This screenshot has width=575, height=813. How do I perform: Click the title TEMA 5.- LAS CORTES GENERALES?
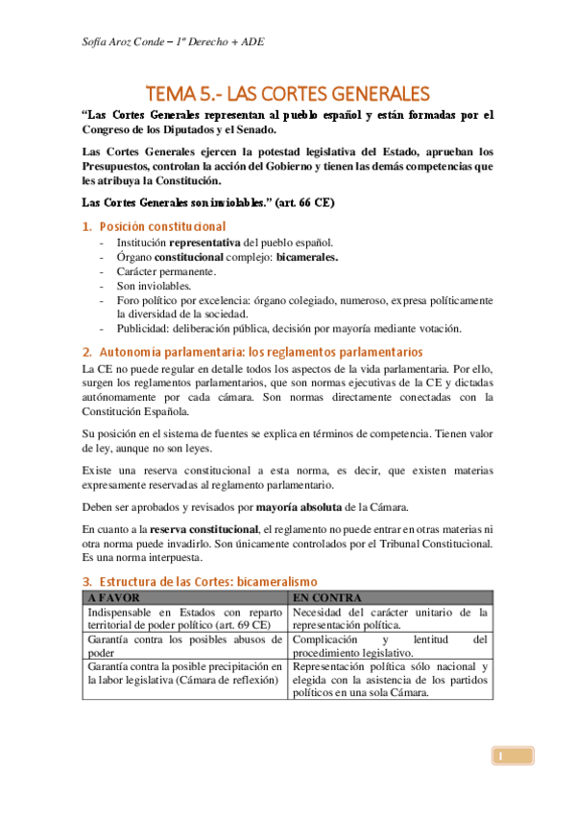[287, 93]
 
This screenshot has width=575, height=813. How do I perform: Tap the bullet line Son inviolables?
[154, 286]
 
